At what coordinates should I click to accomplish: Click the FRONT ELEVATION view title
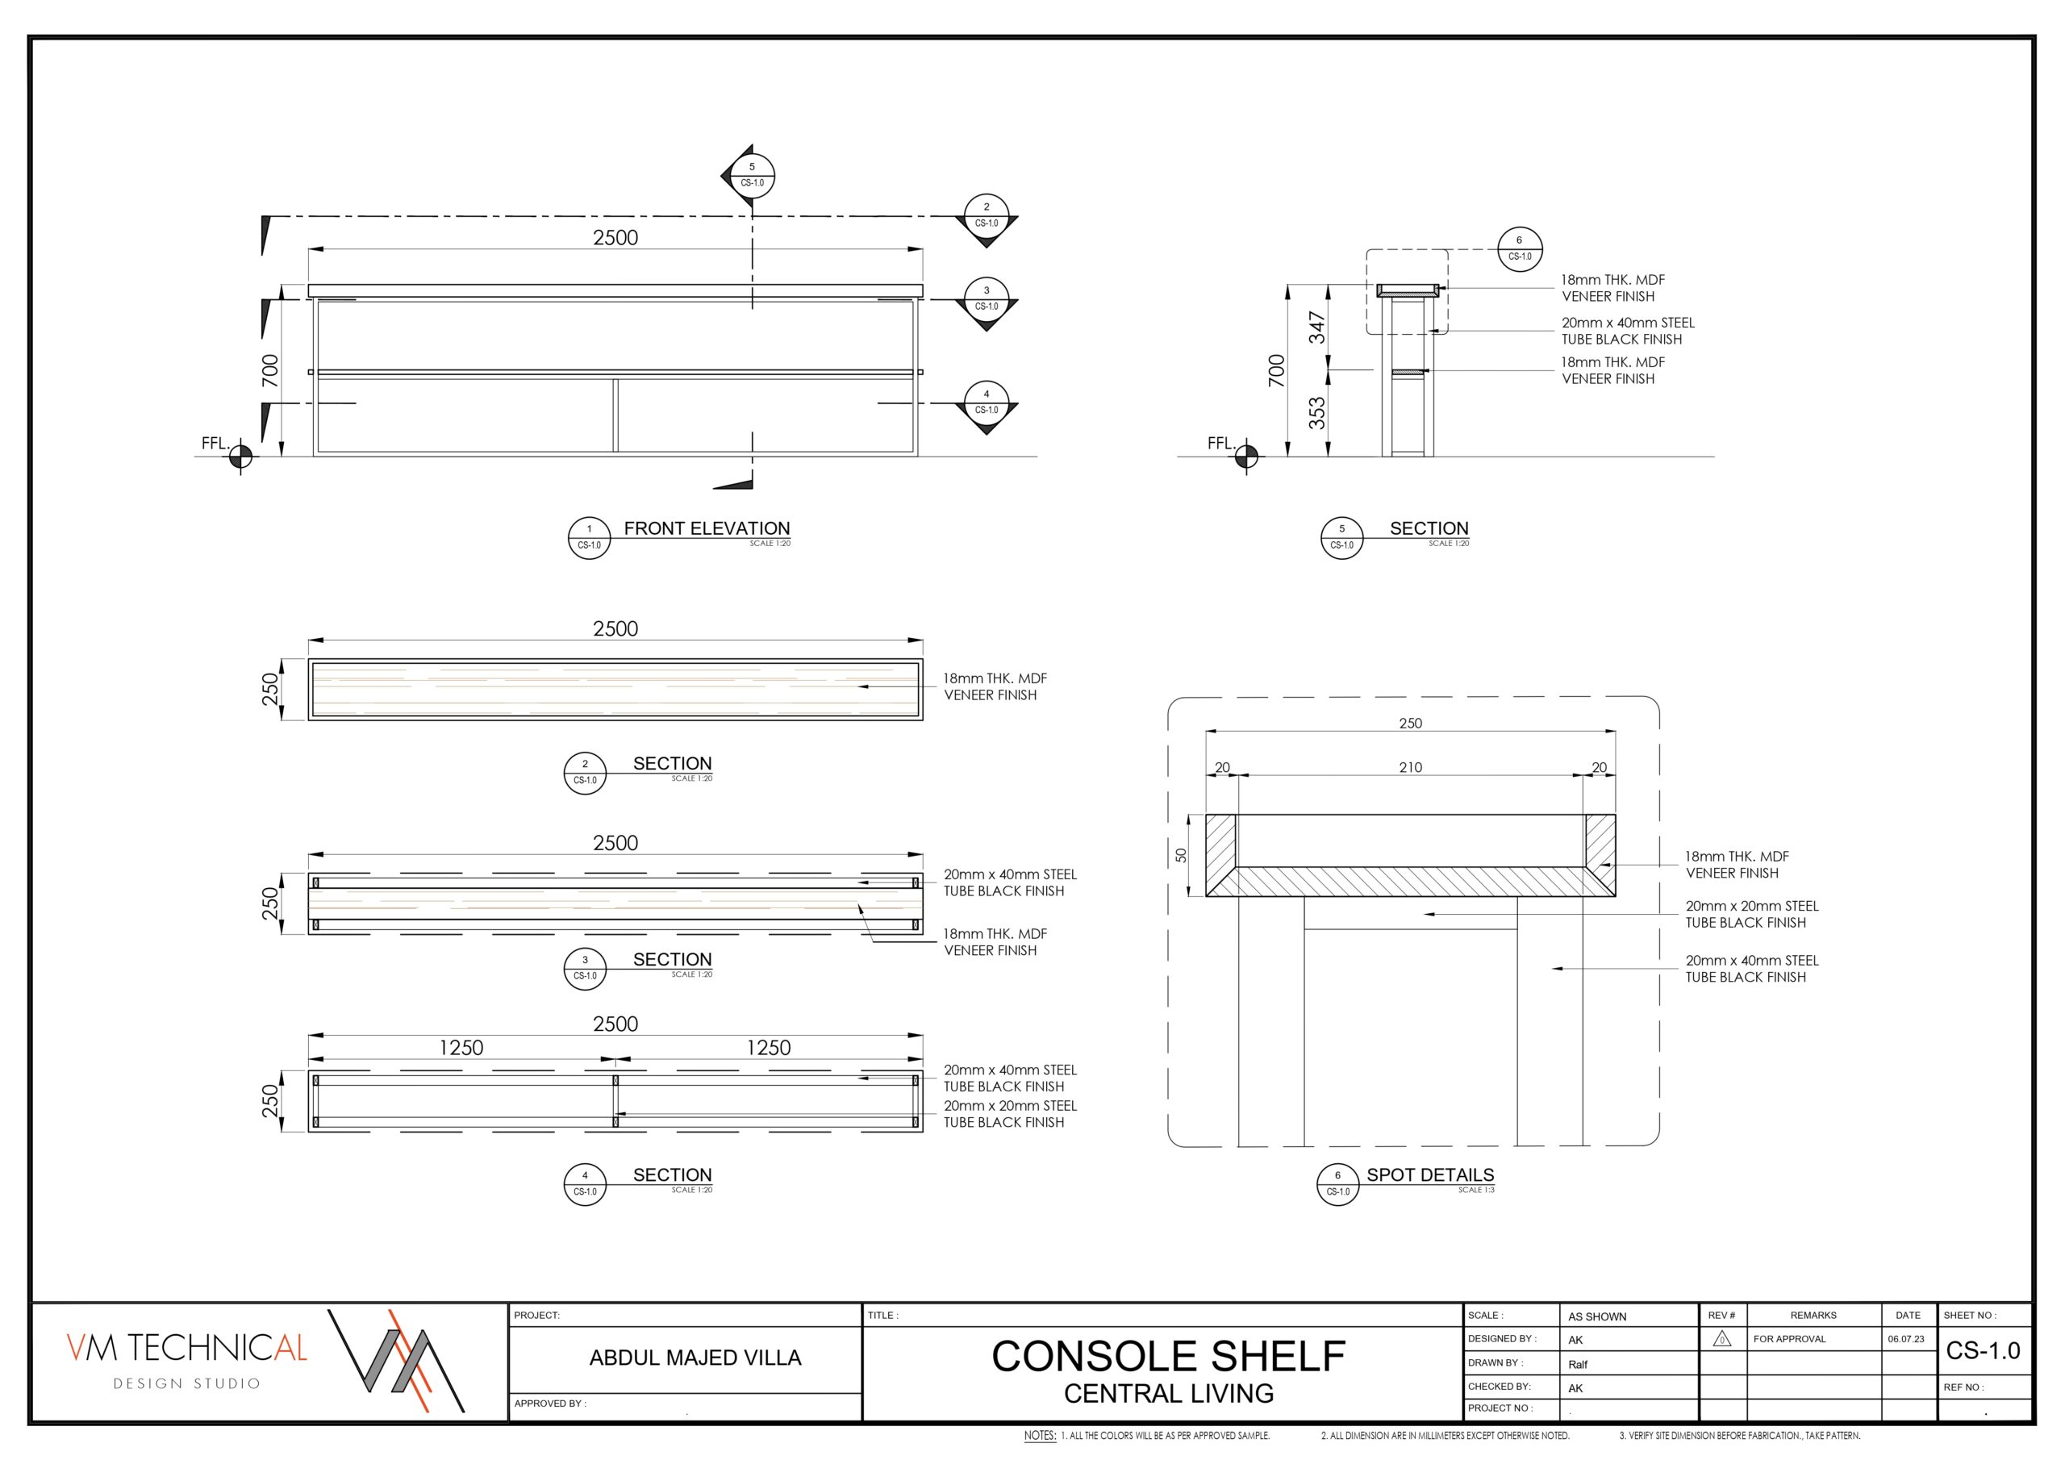[707, 529]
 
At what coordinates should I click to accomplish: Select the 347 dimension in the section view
[1316, 327]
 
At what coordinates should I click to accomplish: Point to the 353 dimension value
[1316, 413]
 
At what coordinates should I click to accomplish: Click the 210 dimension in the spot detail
[1410, 767]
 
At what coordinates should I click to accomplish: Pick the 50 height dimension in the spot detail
[1181, 856]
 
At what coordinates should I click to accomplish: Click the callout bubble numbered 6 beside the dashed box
[1520, 249]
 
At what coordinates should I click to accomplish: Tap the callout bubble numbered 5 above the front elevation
[752, 174]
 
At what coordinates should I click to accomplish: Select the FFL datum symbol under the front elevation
[240, 457]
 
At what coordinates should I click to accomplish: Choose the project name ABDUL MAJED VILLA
[695, 1358]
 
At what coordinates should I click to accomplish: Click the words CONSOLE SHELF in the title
[1168, 1357]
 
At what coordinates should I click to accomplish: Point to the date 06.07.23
[1906, 1340]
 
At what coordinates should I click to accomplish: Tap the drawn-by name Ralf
[1579, 1365]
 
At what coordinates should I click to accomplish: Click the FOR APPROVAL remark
[1789, 1340]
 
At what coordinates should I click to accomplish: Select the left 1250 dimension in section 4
[461, 1048]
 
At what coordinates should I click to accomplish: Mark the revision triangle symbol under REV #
[1721, 1340]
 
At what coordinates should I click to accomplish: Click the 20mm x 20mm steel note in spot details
[1751, 914]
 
